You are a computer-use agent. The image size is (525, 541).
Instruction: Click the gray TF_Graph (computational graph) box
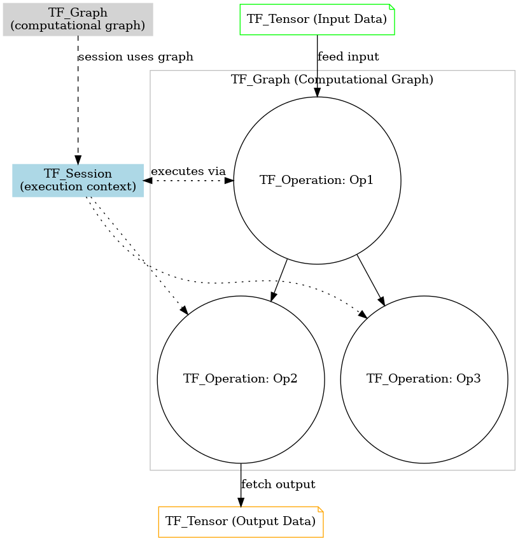(78, 20)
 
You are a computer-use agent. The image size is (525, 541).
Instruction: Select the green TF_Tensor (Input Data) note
(317, 19)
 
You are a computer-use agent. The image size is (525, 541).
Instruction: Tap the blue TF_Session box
(78, 180)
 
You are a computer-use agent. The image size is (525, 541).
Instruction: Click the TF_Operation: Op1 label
(316, 180)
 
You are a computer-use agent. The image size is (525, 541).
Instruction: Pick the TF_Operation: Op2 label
(241, 379)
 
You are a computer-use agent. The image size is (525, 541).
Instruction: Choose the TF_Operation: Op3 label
(424, 379)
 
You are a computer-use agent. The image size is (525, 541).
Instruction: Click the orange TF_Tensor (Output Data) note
(241, 522)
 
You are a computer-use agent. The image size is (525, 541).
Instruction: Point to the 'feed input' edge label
(348, 57)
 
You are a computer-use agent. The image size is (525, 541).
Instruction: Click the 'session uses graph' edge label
(136, 57)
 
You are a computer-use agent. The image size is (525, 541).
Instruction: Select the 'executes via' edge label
(188, 171)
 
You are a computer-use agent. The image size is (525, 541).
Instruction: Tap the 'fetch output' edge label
(278, 484)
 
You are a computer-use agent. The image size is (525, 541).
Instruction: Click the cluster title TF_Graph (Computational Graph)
(332, 80)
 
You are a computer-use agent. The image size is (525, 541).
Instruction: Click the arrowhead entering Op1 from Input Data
(317, 92)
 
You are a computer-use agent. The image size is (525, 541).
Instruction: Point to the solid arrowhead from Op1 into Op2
(274, 295)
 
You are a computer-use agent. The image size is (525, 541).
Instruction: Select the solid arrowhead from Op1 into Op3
(382, 300)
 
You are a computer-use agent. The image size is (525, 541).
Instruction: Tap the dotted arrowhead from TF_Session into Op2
(184, 311)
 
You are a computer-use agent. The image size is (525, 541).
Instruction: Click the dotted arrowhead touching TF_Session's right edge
(148, 180)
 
